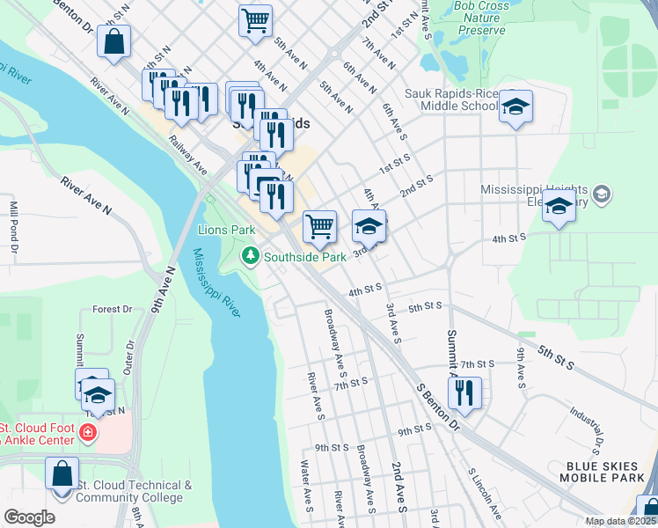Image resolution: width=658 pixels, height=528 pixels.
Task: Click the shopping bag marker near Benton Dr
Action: [114, 41]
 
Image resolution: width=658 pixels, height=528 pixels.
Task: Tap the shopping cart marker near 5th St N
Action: [255, 21]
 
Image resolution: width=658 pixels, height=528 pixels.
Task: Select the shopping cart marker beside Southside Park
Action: [320, 226]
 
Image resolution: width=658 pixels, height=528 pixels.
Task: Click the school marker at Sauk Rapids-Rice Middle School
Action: [517, 107]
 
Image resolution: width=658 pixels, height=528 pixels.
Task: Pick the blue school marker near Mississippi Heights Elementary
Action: [559, 208]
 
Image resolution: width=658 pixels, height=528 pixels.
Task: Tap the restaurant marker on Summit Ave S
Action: [464, 392]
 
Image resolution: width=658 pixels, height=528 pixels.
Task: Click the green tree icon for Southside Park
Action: [251, 256]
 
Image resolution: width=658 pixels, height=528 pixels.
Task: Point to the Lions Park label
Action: [226, 230]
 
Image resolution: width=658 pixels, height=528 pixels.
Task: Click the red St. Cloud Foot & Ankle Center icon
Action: [87, 432]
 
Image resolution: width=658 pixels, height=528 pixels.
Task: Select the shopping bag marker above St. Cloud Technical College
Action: [62, 474]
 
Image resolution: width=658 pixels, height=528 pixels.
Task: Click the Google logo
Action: [29, 517]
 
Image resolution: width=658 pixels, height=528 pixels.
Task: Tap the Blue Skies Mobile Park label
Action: [600, 472]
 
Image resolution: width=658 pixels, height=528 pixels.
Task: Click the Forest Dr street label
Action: [112, 310]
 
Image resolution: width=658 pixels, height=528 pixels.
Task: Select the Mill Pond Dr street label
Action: [14, 227]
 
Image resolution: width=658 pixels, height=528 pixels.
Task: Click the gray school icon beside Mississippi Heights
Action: [602, 194]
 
